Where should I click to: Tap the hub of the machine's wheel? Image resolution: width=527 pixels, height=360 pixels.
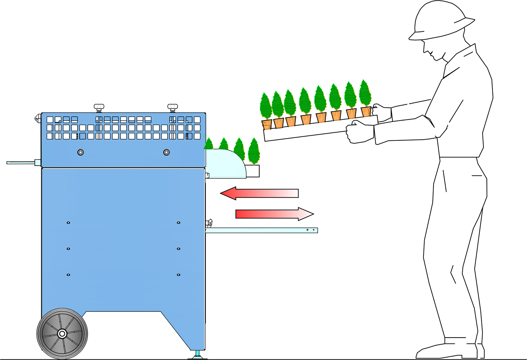pyautogui.click(x=62, y=334)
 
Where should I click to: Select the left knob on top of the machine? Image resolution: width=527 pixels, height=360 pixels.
pyautogui.click(x=99, y=107)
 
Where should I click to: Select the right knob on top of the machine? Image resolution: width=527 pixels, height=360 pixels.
pyautogui.click(x=173, y=107)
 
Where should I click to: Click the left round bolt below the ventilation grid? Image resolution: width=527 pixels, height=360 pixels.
pyautogui.click(x=80, y=152)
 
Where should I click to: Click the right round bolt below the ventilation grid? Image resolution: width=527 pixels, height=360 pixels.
pyautogui.click(x=167, y=152)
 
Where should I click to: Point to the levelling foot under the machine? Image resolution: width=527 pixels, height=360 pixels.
pyautogui.click(x=198, y=355)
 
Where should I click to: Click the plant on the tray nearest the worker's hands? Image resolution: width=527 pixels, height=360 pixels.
pyautogui.click(x=365, y=97)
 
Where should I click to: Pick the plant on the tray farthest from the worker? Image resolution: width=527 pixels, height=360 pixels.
pyautogui.click(x=266, y=110)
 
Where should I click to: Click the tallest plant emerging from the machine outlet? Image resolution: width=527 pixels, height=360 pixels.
pyautogui.click(x=254, y=152)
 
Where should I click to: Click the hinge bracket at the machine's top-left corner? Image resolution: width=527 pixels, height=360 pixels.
pyautogui.click(x=38, y=118)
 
